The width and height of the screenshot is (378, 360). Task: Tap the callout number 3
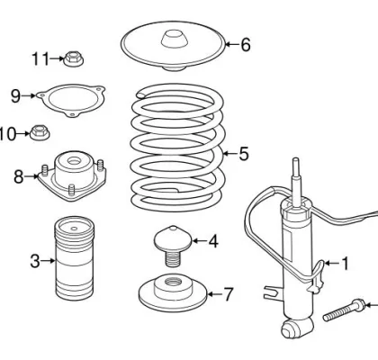[35, 261]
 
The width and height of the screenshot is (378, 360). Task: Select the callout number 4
[212, 240]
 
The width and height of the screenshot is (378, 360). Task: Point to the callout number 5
[242, 154]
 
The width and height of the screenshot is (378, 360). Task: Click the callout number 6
[245, 44]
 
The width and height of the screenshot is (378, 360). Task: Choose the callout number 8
[18, 176]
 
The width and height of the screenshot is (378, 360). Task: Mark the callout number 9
[15, 95]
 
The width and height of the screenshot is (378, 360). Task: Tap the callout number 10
[8, 134]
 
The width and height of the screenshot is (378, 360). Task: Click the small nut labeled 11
[73, 59]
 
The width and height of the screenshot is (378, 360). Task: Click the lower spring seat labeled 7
[172, 293]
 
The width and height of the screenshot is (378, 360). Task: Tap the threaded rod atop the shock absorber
[295, 180]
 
